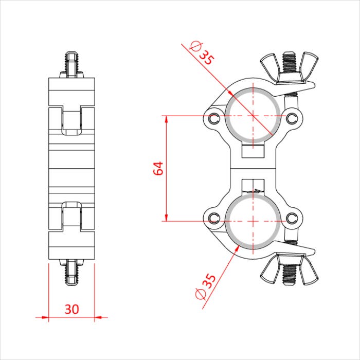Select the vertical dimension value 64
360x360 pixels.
point(159,168)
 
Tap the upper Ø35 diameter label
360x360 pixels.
point(202,53)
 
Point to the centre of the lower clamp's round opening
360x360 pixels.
point(253,221)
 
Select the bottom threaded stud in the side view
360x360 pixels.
point(72,273)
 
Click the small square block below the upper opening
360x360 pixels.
point(253,151)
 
